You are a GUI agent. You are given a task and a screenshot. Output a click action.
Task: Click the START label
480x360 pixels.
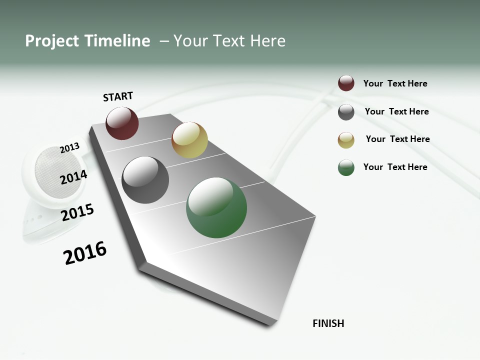118,96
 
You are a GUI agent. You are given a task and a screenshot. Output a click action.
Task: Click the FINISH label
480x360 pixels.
328,323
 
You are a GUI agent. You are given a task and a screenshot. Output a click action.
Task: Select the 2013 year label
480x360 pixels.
70,147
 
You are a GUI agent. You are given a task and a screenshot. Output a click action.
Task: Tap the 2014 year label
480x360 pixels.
73,177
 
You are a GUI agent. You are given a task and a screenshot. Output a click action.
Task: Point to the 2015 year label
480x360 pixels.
77,212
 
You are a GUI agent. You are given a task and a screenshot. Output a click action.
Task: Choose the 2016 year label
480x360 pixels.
85,253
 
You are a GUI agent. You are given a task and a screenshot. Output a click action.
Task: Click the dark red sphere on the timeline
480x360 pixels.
122,123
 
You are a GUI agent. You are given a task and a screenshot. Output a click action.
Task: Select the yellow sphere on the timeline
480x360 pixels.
189,140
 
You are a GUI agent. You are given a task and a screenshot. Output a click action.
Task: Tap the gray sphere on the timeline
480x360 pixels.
145,180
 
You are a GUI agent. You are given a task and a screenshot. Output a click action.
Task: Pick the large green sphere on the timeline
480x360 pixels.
216,207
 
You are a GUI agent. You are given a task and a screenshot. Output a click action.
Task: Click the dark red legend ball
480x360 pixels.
346,83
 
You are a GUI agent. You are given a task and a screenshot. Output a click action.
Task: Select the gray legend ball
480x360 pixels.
346,112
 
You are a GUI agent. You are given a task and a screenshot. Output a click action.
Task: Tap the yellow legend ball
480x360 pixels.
346,140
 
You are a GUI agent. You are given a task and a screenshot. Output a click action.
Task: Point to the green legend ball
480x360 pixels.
346,167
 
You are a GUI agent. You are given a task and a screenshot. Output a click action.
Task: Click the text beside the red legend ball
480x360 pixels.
395,83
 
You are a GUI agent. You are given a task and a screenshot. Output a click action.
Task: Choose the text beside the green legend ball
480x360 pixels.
395,167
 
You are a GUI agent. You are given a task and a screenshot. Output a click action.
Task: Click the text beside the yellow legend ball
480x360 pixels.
397,139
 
